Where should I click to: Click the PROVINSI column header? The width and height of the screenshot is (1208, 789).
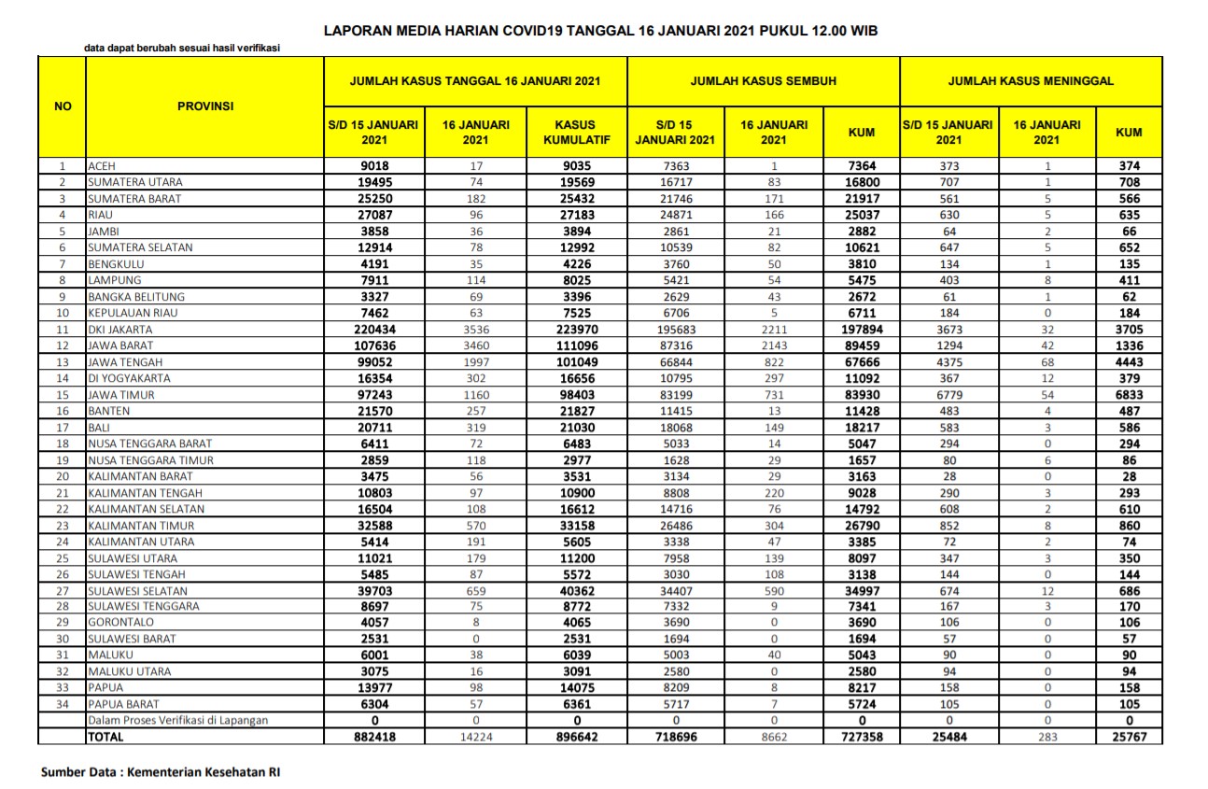(x=204, y=106)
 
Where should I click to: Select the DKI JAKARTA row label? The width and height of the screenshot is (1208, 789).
(x=119, y=330)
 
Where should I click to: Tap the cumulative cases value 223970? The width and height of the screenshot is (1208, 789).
(x=576, y=330)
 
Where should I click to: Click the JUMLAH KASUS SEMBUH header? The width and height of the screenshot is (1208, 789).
(x=763, y=81)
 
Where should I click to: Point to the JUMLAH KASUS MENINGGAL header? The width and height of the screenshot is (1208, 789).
(x=1031, y=81)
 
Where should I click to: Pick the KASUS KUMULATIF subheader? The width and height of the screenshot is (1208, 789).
(x=576, y=132)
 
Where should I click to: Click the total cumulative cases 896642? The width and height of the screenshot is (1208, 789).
(x=576, y=737)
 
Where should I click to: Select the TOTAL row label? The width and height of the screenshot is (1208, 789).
(x=105, y=737)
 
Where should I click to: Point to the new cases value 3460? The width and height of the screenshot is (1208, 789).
(x=475, y=346)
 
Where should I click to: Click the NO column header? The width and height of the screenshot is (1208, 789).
(x=63, y=106)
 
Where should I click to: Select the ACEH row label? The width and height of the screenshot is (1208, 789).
(x=101, y=166)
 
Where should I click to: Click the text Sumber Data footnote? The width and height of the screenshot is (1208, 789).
(x=160, y=772)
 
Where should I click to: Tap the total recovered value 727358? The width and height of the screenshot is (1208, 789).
(x=861, y=737)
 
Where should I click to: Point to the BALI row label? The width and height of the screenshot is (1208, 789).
(x=98, y=428)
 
